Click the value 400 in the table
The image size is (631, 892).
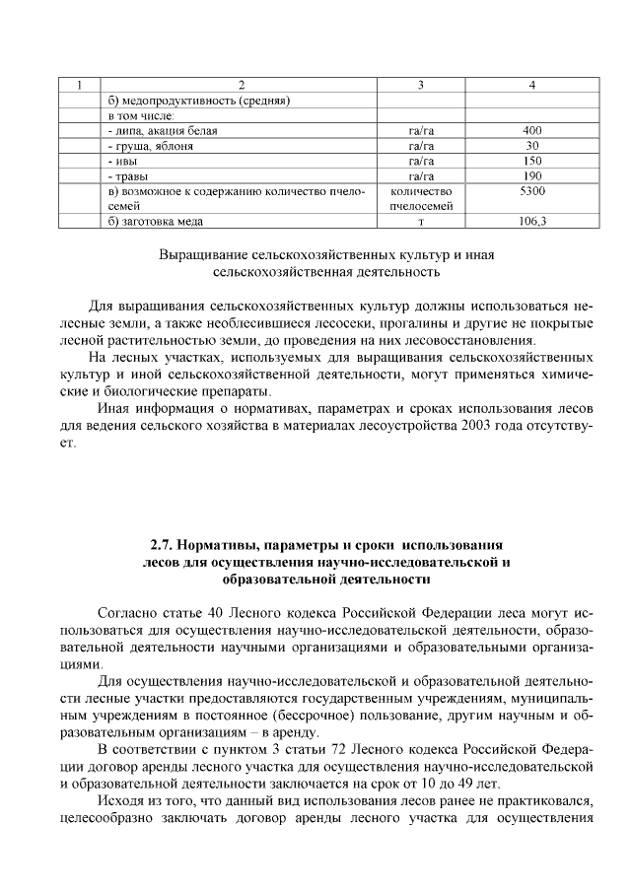[532, 130]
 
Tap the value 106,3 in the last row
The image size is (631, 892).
[532, 222]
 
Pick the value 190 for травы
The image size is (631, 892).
[532, 175]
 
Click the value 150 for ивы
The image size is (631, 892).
[532, 161]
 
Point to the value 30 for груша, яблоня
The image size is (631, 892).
[532, 145]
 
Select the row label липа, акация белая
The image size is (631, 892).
[162, 130]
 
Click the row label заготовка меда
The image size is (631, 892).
[155, 222]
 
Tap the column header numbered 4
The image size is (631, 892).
[532, 85]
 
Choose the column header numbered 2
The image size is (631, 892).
[241, 85]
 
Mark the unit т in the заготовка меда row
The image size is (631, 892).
[421, 222]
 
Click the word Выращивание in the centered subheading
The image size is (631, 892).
[204, 253]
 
